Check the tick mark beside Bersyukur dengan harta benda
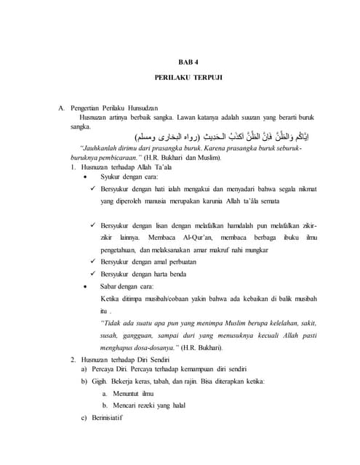pos(92,274)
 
